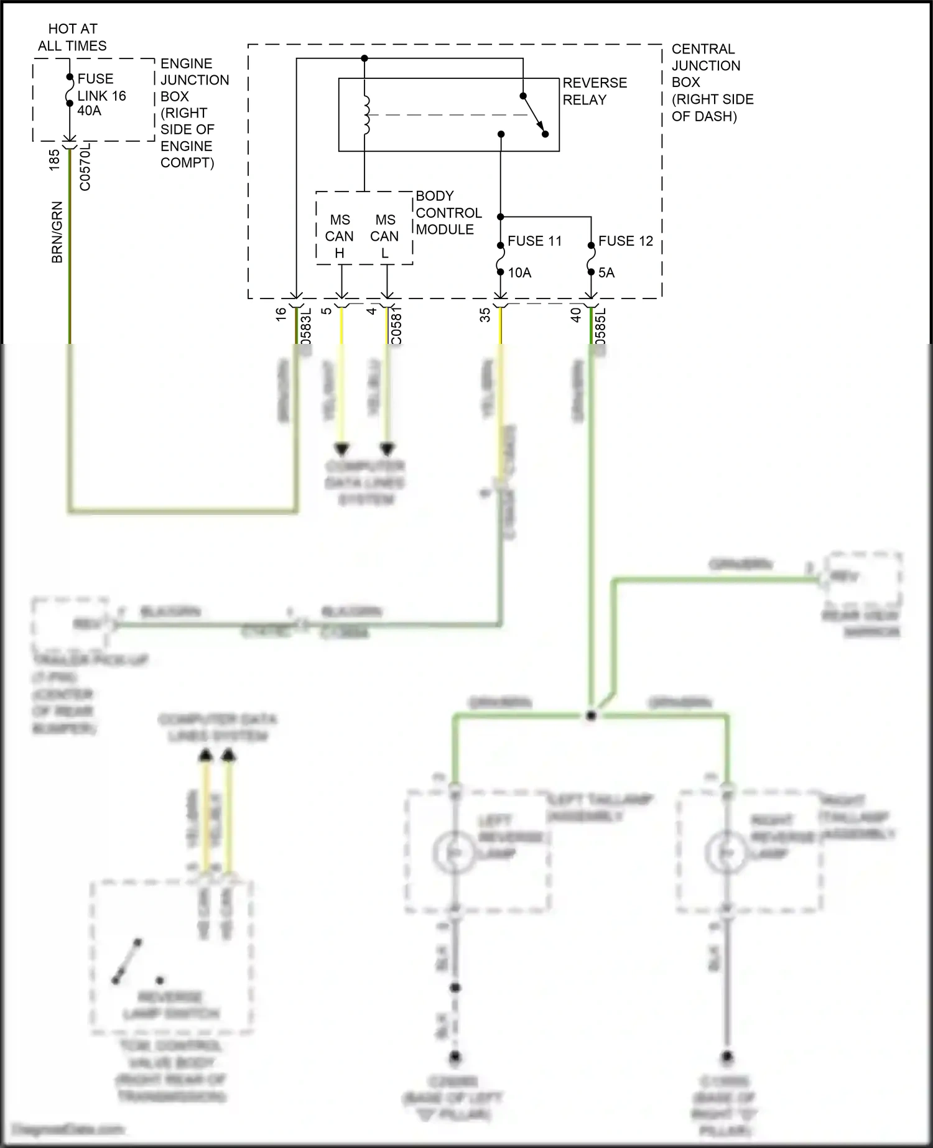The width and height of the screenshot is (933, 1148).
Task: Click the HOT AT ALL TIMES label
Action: [x=72, y=37]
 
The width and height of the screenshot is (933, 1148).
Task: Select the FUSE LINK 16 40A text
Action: [x=101, y=95]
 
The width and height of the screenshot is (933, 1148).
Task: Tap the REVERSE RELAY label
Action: [x=594, y=91]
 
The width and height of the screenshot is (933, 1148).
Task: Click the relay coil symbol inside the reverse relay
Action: [x=366, y=115]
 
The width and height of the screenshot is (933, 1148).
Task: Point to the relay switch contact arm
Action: [x=534, y=115]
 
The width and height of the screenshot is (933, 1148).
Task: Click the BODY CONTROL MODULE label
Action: [x=448, y=213]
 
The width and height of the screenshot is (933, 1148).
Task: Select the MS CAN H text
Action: [x=340, y=236]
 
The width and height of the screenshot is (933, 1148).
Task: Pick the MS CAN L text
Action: [x=385, y=236]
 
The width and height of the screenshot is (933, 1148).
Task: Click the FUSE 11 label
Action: [x=534, y=241]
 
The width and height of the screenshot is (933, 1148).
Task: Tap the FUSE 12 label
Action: [x=625, y=241]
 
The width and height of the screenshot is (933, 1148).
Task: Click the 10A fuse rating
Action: [x=519, y=273]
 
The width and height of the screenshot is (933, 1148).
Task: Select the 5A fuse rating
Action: [x=606, y=273]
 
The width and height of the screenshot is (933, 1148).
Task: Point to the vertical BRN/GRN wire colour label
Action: [x=57, y=232]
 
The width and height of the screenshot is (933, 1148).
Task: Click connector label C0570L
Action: [x=85, y=166]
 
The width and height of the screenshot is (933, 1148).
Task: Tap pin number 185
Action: [x=55, y=160]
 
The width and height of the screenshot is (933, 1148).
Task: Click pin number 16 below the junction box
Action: [x=281, y=314]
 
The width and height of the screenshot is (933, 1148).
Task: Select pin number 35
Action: [x=485, y=315]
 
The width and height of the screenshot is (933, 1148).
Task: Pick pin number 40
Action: [x=576, y=315]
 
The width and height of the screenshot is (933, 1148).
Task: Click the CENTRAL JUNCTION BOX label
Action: [x=712, y=83]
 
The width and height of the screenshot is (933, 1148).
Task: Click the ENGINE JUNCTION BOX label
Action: [x=194, y=113]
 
